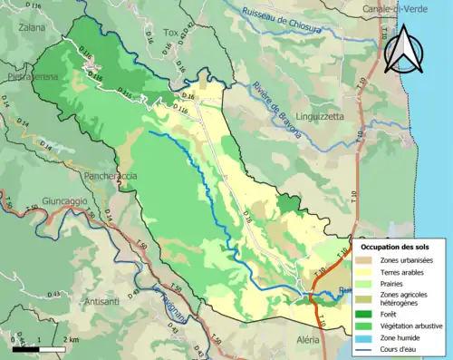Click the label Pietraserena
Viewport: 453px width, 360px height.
coord(29,78)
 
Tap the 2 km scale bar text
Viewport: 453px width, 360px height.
coord(70,340)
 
